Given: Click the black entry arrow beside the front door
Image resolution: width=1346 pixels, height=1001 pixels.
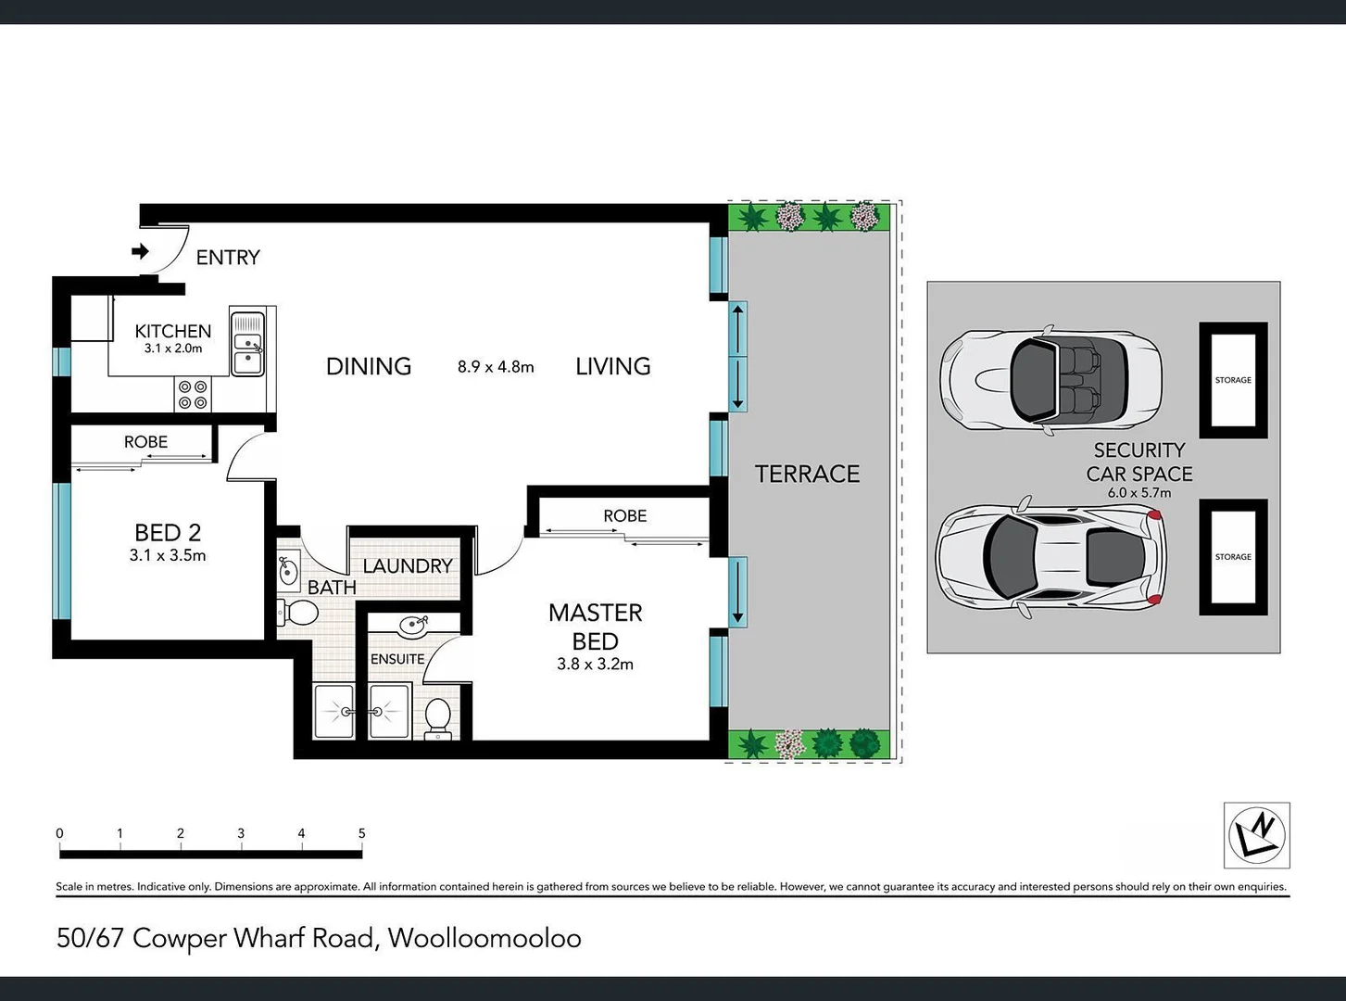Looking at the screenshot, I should (x=141, y=251).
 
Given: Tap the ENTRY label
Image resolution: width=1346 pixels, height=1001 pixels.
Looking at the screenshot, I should (x=228, y=258).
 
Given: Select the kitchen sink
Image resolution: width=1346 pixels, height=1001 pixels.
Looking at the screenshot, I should (x=247, y=344).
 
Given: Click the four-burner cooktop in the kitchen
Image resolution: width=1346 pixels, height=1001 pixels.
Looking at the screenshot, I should (x=193, y=395).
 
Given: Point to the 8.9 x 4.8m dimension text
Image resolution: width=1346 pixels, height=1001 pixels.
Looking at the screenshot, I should (x=496, y=367).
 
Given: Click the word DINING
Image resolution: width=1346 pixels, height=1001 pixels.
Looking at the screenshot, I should (x=368, y=366).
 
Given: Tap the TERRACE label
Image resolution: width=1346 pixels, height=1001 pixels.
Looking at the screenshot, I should (x=807, y=474).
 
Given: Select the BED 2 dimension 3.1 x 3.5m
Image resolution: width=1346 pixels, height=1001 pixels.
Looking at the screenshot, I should (x=168, y=556).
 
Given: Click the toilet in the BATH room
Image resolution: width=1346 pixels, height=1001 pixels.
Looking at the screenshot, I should (x=298, y=613).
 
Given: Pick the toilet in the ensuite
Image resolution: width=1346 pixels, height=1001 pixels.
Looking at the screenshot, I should (x=437, y=718).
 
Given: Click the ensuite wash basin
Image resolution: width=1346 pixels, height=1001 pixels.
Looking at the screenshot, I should (x=413, y=626).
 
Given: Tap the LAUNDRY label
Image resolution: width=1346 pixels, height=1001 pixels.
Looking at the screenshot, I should (x=408, y=565).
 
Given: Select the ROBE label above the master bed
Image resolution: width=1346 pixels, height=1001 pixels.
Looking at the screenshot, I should (x=624, y=516).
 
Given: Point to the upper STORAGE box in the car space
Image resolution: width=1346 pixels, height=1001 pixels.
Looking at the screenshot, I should (x=1233, y=380).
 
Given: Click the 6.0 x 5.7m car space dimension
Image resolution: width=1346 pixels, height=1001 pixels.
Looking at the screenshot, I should (x=1139, y=493).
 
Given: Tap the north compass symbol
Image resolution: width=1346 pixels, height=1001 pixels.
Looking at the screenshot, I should (x=1256, y=835).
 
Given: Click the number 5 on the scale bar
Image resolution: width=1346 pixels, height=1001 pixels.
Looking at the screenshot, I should (x=361, y=833).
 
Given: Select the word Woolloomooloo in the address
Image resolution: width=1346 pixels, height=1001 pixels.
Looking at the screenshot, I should (x=484, y=938).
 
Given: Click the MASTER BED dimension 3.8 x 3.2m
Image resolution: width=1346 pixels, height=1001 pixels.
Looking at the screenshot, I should (x=595, y=665).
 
